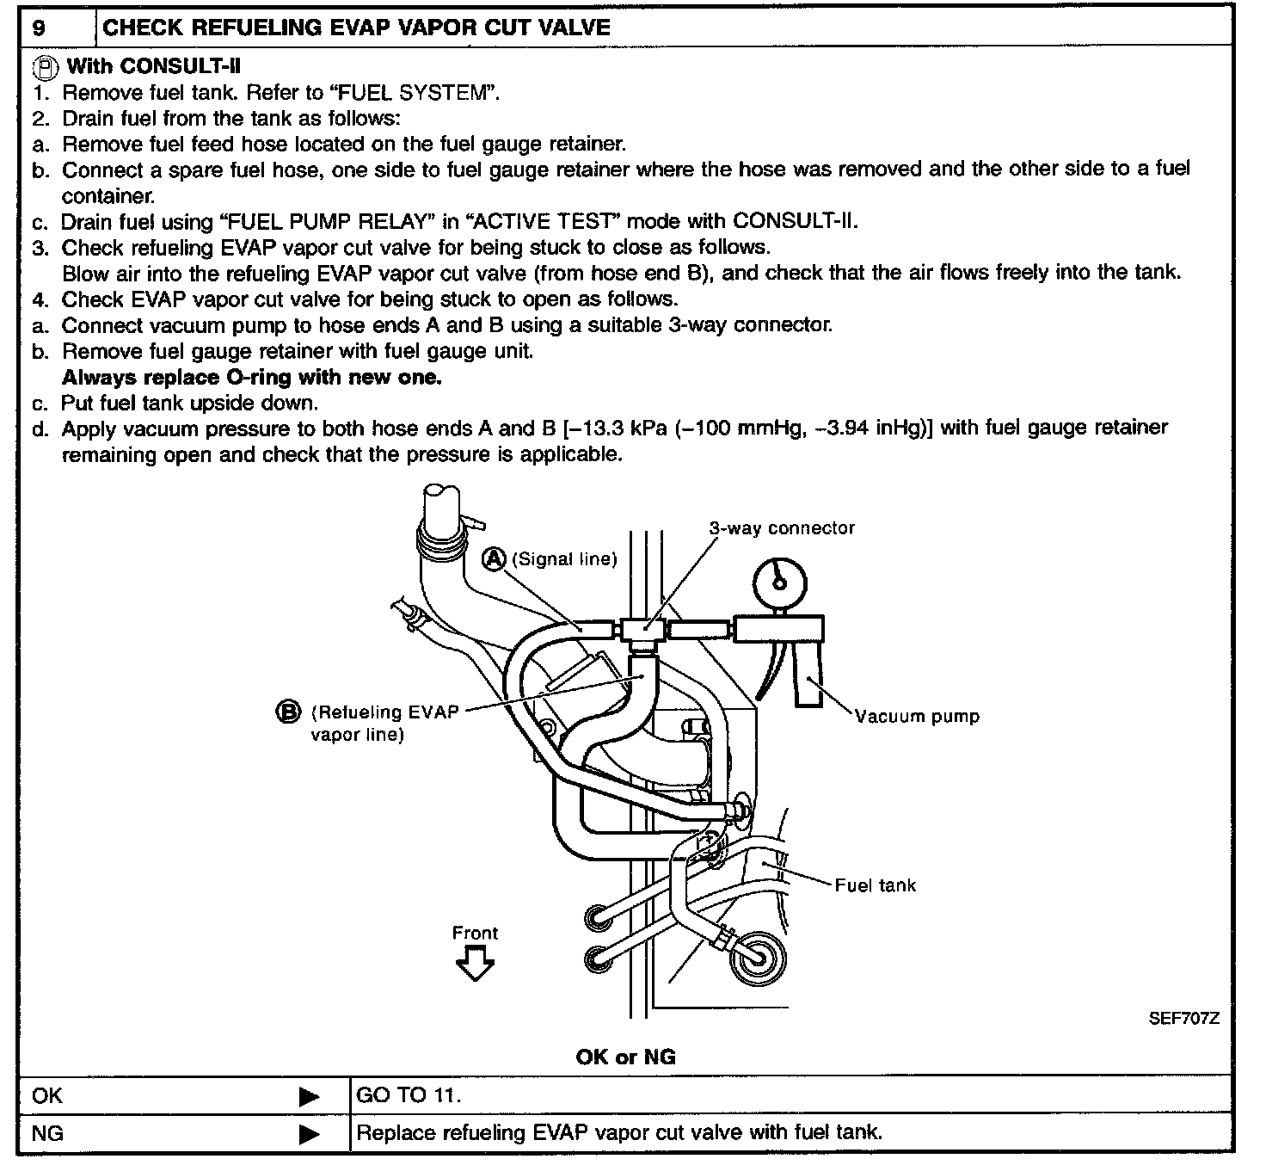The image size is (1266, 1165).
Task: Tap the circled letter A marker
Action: (494, 559)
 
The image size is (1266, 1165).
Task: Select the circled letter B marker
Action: (287, 712)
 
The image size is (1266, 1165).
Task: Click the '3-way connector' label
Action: (781, 528)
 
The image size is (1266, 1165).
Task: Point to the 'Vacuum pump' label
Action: (917, 716)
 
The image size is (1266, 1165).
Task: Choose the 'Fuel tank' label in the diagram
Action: (875, 885)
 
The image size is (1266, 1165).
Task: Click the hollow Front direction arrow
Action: (475, 965)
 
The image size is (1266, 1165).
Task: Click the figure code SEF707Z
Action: (1183, 1019)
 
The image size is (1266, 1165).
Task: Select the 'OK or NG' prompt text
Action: (625, 1057)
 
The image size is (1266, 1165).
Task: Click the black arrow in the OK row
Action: (309, 1097)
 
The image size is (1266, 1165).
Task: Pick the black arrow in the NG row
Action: (309, 1135)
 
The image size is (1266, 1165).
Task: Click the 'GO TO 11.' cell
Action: (409, 1096)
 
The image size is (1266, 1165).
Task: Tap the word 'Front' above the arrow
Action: (475, 933)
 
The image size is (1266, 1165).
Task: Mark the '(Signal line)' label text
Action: (564, 559)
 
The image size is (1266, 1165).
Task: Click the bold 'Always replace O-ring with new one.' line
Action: (251, 377)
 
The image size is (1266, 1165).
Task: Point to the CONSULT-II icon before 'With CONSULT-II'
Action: (46, 66)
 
